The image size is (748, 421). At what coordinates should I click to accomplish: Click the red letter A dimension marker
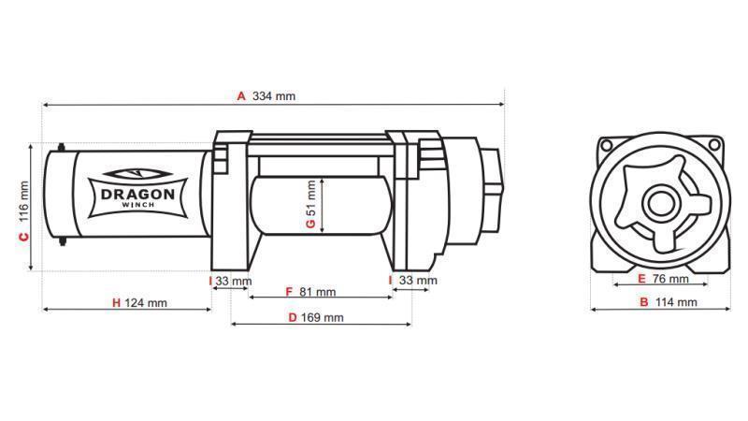(240, 95)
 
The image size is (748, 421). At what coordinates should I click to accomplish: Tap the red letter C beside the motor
(23, 238)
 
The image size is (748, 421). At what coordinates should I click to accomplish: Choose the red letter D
(292, 317)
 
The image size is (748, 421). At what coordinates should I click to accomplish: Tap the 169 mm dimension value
(323, 317)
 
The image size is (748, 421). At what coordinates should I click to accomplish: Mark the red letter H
(116, 302)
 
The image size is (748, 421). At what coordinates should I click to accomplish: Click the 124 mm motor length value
(146, 302)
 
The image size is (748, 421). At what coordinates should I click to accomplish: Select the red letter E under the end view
(641, 279)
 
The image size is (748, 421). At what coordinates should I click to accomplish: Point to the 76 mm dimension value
(670, 279)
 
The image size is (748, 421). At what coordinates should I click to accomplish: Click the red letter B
(643, 302)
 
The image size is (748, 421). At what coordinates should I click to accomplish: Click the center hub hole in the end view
(662, 203)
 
